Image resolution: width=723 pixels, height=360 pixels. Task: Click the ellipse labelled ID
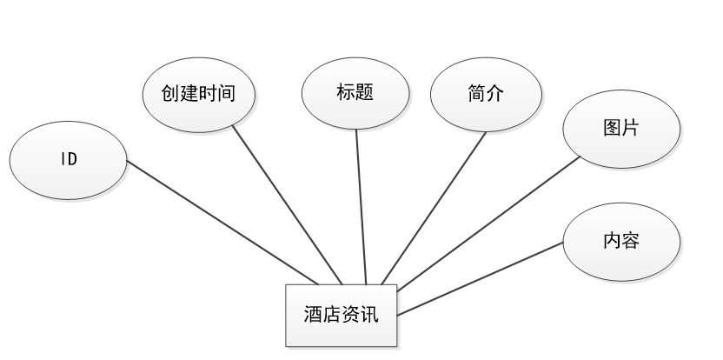point(68,160)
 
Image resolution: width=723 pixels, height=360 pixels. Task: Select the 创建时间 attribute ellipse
point(200,93)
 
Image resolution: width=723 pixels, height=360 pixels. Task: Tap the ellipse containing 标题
point(355,92)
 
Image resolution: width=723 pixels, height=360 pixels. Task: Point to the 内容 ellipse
point(620,241)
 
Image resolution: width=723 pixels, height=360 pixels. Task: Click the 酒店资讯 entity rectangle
point(342,314)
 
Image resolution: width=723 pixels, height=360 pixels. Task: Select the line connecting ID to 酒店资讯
point(222,222)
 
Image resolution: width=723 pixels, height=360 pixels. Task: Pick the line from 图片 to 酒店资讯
point(487,223)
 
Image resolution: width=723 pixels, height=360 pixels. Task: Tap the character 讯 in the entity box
point(369,314)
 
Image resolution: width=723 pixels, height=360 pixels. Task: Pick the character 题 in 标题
point(364,92)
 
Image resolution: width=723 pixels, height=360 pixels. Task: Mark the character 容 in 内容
point(630,241)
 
